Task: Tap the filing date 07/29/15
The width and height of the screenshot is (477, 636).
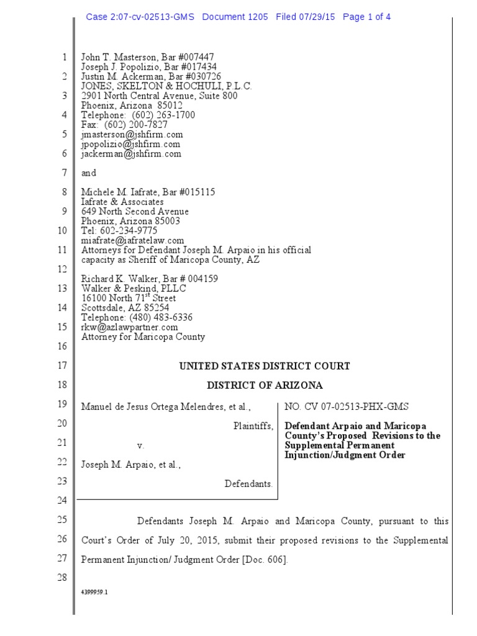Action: (x=316, y=17)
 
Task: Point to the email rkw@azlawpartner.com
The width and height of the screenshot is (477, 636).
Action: (x=130, y=327)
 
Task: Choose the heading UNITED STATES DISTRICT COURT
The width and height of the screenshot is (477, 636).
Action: (x=265, y=366)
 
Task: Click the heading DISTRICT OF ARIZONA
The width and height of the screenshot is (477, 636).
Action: (x=265, y=386)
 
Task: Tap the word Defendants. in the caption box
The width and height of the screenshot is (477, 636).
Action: (x=248, y=484)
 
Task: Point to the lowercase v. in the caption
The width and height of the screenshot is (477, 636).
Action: (x=140, y=445)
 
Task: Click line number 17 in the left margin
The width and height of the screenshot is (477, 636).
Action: (x=61, y=366)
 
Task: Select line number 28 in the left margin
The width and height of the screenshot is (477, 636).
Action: (x=61, y=578)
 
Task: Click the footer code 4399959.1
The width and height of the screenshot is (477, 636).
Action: (x=95, y=593)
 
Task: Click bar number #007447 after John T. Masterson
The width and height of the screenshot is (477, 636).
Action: (x=194, y=57)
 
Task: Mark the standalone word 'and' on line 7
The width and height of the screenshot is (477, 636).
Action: (x=89, y=173)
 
